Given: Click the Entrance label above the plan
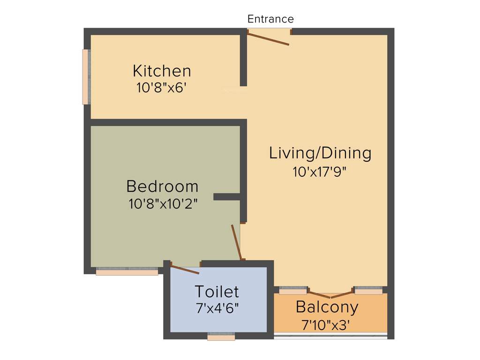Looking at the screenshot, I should pyautogui.click(x=270, y=19).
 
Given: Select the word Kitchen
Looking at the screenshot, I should pyautogui.click(x=162, y=71).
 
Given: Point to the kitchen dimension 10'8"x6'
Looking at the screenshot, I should pyautogui.click(x=162, y=88).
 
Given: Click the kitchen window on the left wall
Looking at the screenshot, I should pyautogui.click(x=86, y=77).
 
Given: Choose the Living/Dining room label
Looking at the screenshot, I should pyautogui.click(x=320, y=153).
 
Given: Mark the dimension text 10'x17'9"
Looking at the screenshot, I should pyautogui.click(x=320, y=172).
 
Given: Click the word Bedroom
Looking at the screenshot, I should pyautogui.click(x=162, y=187).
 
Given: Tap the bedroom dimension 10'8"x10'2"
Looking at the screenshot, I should pyautogui.click(x=162, y=204).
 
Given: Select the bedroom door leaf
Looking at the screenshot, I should pyautogui.click(x=236, y=242).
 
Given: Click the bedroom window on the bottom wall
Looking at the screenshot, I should pyautogui.click(x=127, y=271).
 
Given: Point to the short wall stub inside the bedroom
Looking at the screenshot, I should pyautogui.click(x=227, y=197).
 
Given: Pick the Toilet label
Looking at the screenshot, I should pyautogui.click(x=217, y=292).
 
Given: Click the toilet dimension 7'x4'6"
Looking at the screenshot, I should pyautogui.click(x=217, y=309).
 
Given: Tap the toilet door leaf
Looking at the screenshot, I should pyautogui.click(x=185, y=269).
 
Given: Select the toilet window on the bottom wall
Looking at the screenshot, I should pyautogui.click(x=221, y=337).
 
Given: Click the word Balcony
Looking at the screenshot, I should pyautogui.click(x=327, y=307).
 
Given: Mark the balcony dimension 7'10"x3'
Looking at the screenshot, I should pyautogui.click(x=327, y=324).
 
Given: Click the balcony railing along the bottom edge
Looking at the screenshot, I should pyautogui.click(x=330, y=335).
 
